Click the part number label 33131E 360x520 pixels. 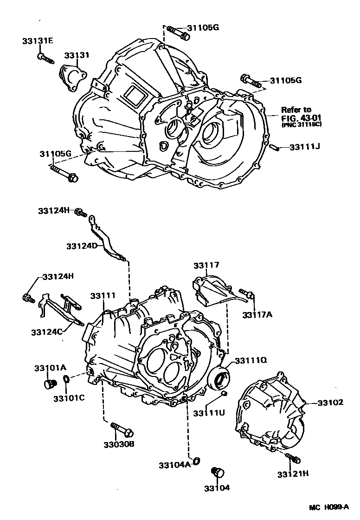[37, 41]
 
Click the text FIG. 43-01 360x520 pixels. [299, 117]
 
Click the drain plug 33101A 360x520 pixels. [48, 383]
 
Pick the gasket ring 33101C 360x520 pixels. [66, 381]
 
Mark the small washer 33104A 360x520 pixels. [196, 461]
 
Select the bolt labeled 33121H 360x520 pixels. [293, 459]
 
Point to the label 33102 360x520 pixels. [330, 403]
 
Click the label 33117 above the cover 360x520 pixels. [206, 266]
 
